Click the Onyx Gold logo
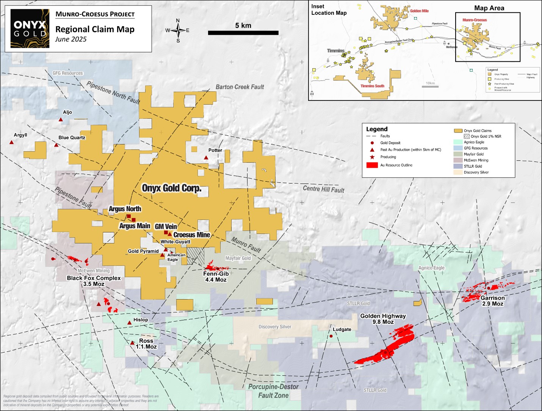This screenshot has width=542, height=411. (30, 29)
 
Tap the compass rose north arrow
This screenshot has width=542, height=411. (178, 30)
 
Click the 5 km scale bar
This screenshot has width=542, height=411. (243, 33)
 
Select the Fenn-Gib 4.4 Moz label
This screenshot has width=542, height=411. (216, 277)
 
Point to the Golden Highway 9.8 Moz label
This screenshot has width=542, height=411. (383, 319)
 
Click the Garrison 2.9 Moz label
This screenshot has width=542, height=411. (492, 301)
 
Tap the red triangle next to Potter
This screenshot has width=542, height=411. (206, 158)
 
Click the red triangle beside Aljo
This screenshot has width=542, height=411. (61, 120)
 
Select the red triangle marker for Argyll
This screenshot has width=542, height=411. (12, 142)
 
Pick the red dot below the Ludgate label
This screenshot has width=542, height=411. (331, 336)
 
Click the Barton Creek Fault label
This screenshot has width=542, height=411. (240, 87)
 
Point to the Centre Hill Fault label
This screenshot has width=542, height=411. (323, 189)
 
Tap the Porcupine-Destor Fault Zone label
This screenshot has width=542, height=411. (273, 391)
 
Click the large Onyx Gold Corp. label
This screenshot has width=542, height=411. (171, 188)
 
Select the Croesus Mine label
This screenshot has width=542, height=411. (191, 235)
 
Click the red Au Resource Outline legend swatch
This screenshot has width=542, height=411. (372, 165)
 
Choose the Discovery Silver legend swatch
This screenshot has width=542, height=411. (458, 172)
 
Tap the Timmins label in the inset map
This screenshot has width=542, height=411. (335, 51)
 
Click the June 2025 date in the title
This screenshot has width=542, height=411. (71, 39)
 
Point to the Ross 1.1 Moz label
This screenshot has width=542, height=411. (146, 344)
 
